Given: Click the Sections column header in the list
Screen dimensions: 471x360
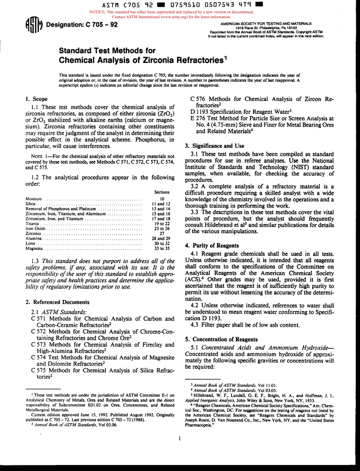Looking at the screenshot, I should click(x=162, y=192).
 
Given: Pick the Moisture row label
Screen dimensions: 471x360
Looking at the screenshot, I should click(x=34, y=199).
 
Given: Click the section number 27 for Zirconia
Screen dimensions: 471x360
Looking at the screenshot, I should click(x=162, y=233).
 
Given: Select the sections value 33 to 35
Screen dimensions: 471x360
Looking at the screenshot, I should click(x=162, y=249).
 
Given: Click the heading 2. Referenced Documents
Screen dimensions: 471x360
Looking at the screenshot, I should click(x=57, y=302).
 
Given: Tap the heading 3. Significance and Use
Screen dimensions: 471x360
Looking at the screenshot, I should click(x=214, y=146).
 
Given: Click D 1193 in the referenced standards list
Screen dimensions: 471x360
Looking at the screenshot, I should click(x=199, y=112).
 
